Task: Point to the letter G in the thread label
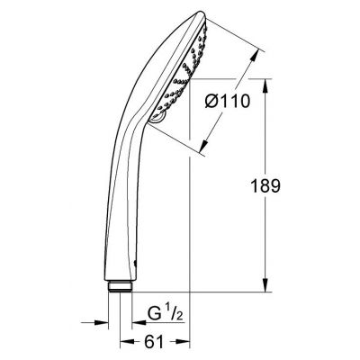pos(154,315)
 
